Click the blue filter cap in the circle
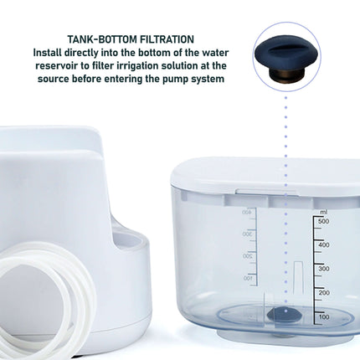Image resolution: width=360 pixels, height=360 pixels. (x=285, y=48)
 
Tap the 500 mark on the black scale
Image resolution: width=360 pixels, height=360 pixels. (x=322, y=220)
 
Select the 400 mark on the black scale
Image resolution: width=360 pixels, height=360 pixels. (x=322, y=244)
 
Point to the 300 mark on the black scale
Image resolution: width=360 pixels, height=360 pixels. (x=322, y=269)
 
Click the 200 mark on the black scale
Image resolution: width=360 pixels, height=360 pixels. (x=322, y=292)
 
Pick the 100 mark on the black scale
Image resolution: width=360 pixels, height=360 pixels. (x=322, y=317)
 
